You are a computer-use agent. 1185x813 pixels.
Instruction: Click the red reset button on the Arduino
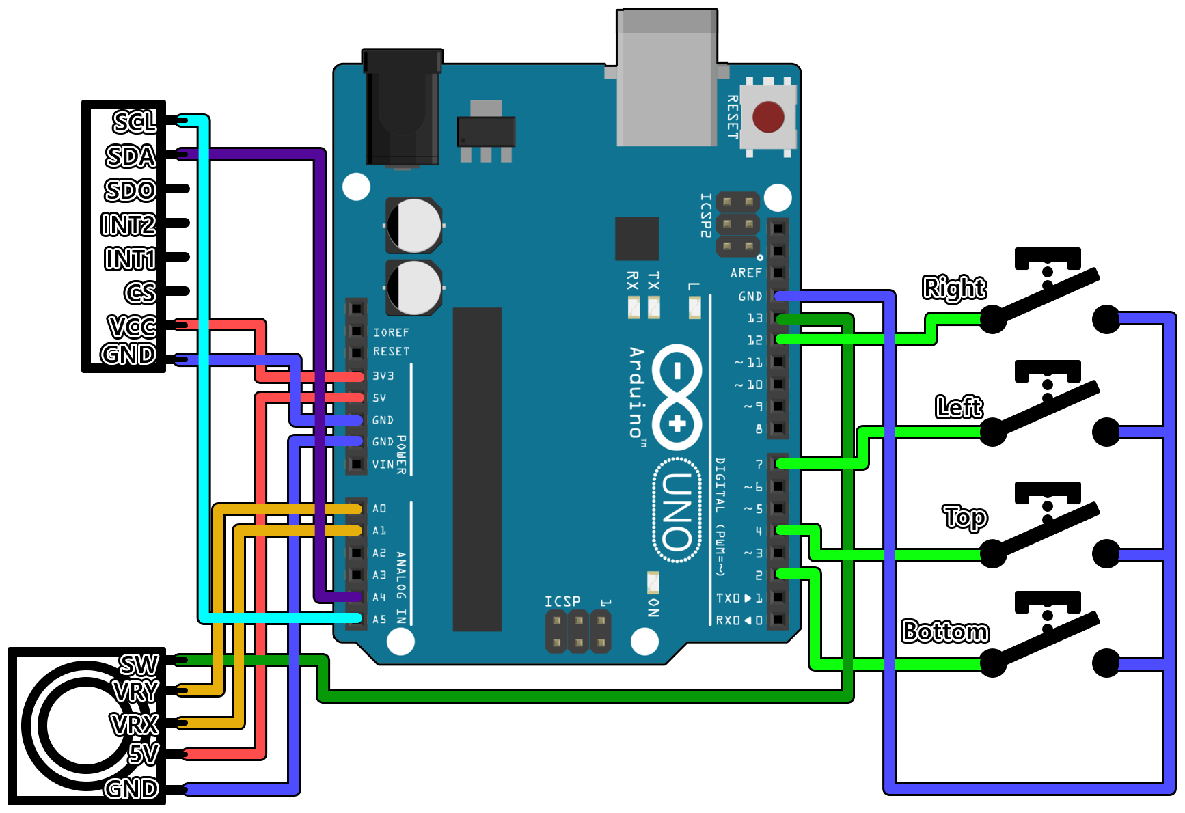click(768, 117)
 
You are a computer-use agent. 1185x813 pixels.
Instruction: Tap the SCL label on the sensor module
click(135, 122)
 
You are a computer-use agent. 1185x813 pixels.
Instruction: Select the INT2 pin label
click(128, 224)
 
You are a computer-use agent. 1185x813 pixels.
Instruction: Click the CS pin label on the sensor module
click(140, 292)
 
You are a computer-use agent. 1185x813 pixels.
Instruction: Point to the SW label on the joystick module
click(139, 664)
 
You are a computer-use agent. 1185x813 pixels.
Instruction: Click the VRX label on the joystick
click(135, 724)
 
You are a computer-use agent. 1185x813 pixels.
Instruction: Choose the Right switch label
click(954, 288)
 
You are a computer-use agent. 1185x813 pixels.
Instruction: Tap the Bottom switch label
click(945, 631)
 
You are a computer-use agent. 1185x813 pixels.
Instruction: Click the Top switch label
click(964, 517)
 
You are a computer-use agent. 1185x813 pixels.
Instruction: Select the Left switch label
click(959, 407)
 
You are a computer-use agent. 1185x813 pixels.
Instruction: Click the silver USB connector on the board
click(667, 79)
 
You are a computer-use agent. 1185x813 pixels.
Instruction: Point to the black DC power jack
click(402, 108)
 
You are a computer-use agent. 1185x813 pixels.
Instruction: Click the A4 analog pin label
click(379, 597)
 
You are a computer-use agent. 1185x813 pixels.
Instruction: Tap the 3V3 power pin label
click(383, 376)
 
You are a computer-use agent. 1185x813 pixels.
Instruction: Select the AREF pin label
click(746, 273)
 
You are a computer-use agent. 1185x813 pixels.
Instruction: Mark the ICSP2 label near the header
click(705, 215)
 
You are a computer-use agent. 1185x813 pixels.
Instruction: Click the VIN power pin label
click(383, 465)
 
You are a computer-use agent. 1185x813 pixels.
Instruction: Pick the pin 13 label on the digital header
click(754, 318)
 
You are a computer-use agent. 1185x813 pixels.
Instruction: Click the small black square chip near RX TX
click(636, 238)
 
